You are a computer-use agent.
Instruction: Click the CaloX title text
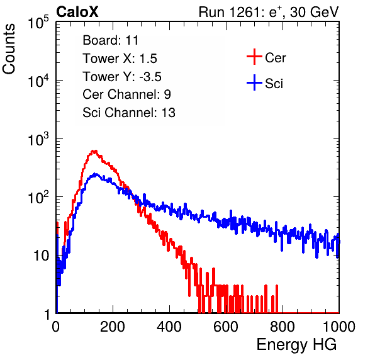(x=77, y=12)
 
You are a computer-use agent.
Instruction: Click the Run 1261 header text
(x=269, y=12)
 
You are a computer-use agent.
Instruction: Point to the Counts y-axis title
(x=9, y=49)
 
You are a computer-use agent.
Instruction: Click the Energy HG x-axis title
(x=296, y=344)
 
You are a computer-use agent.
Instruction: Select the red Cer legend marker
(x=254, y=57)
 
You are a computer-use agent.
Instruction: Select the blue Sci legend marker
(x=254, y=82)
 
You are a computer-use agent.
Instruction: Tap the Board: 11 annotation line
(x=111, y=40)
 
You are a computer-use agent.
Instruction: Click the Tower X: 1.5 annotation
(x=120, y=59)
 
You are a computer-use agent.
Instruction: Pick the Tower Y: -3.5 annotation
(x=122, y=77)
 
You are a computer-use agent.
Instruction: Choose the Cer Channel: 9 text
(x=126, y=94)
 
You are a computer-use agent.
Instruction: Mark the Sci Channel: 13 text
(x=129, y=113)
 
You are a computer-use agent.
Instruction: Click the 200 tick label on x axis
(x=113, y=327)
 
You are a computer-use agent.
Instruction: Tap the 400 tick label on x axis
(x=169, y=327)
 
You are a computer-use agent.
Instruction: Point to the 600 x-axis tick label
(x=226, y=327)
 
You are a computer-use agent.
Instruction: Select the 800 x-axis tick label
(x=283, y=327)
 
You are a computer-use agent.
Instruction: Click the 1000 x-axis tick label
(x=339, y=327)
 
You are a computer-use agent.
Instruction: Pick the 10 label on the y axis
(x=42, y=256)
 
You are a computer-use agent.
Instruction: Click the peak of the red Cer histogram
(x=94, y=151)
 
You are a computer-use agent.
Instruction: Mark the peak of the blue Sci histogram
(x=96, y=174)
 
